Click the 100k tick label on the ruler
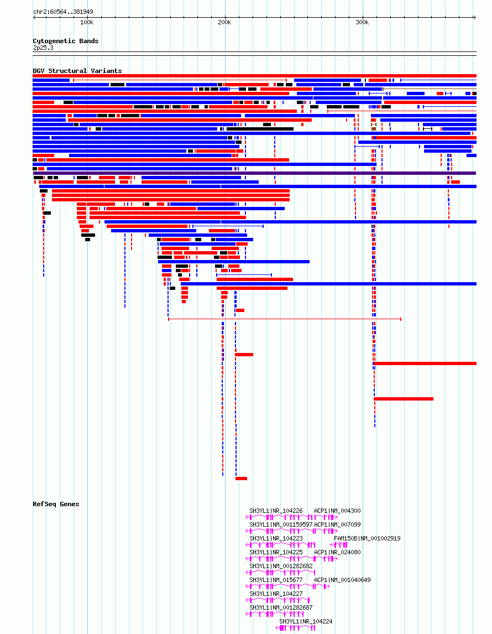(x=87, y=23)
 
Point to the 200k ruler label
(x=224, y=23)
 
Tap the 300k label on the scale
(x=362, y=23)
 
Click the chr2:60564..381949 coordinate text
(x=63, y=12)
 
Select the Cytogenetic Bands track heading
(x=65, y=41)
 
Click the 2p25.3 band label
(x=43, y=48)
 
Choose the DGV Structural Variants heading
(x=77, y=71)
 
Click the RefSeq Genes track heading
(x=56, y=504)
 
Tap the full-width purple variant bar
(x=254, y=173)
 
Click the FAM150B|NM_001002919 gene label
(x=367, y=538)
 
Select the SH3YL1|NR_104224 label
(x=306, y=621)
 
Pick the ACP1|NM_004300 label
(x=337, y=511)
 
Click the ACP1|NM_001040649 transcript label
(x=342, y=580)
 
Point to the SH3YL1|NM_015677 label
(x=276, y=580)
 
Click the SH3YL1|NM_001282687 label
(x=281, y=607)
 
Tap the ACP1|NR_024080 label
(x=337, y=552)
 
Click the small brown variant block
(x=374, y=128)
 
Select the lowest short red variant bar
(x=241, y=479)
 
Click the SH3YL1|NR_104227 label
(x=276, y=594)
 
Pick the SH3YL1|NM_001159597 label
(x=281, y=524)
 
